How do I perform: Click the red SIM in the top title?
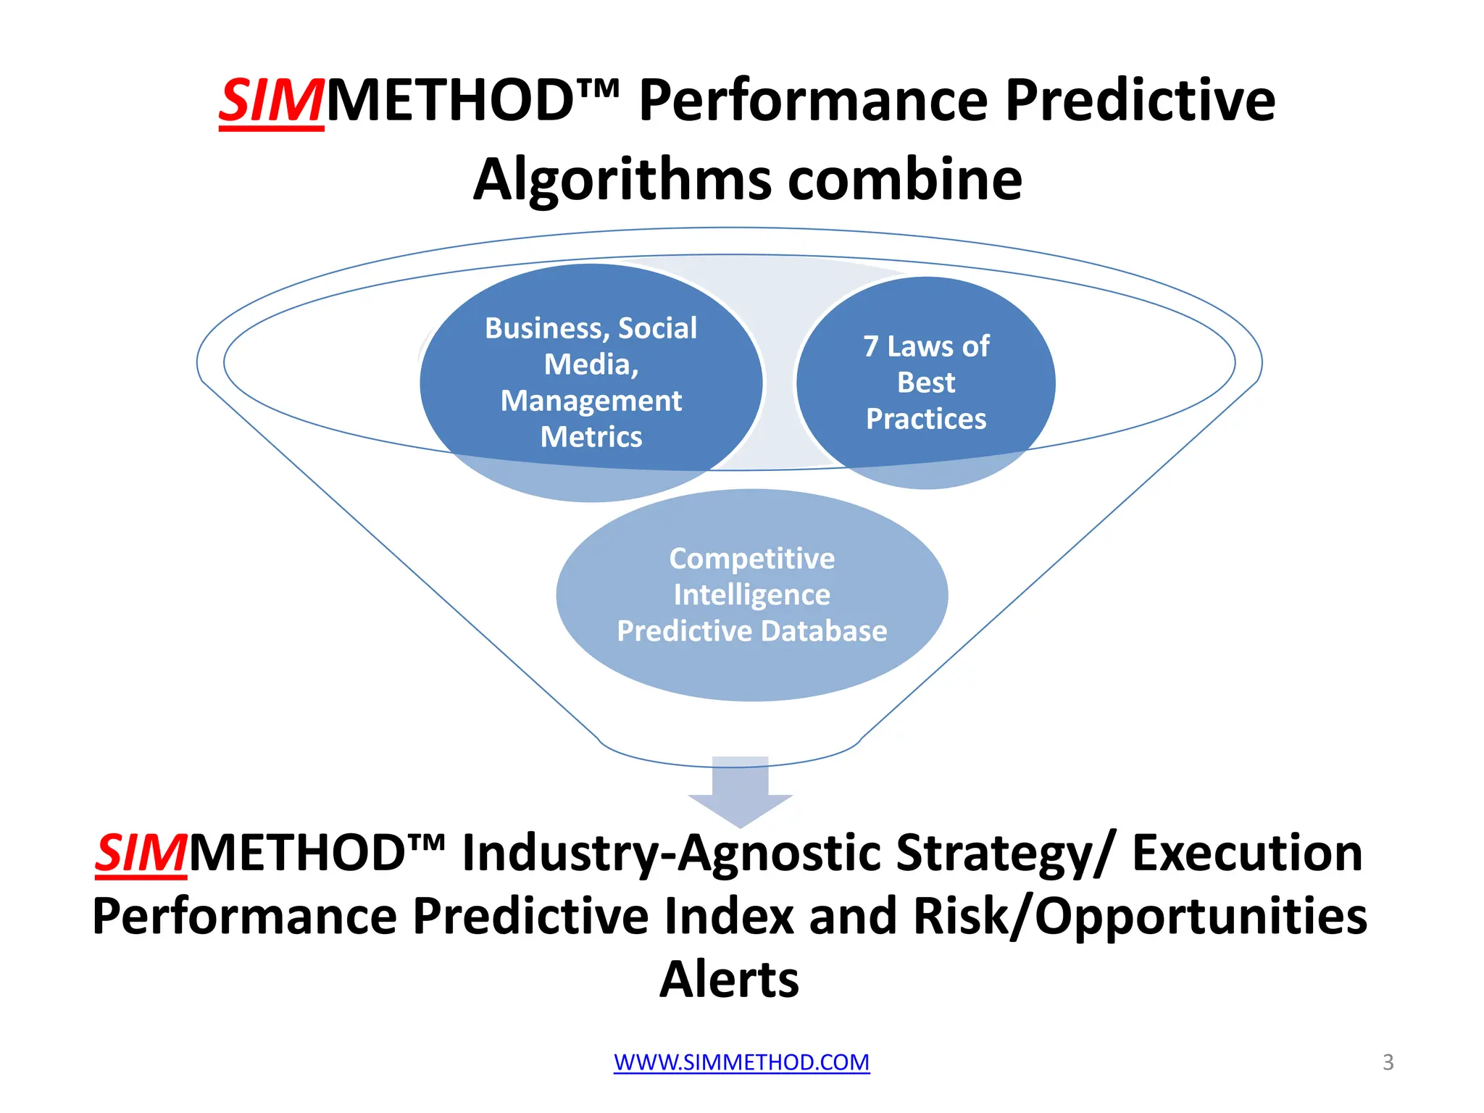(271, 101)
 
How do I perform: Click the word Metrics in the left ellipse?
(591, 437)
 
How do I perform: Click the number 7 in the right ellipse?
(870, 346)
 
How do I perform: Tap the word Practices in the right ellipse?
(926, 419)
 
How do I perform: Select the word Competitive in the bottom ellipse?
(751, 559)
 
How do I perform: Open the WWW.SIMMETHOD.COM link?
(741, 1062)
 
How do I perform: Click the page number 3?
(1388, 1062)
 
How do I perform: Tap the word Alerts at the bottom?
(729, 980)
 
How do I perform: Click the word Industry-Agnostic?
(671, 853)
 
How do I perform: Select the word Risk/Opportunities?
(1140, 917)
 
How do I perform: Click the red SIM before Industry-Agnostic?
(141, 853)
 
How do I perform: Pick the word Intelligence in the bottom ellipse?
(751, 595)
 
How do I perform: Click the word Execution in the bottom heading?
(1246, 853)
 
